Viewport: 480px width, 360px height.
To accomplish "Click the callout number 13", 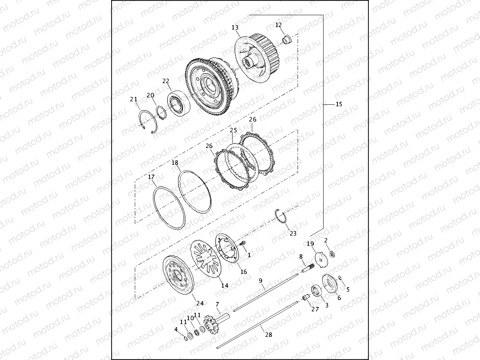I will click(x=235, y=28).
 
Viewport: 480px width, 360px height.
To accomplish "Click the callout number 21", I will click(x=133, y=99).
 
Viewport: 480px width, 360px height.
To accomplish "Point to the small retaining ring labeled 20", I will click(x=161, y=113).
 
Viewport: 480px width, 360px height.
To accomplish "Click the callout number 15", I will click(x=339, y=104).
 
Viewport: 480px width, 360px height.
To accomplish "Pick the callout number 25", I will click(x=234, y=130).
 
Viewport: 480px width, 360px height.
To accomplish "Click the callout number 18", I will click(x=175, y=163).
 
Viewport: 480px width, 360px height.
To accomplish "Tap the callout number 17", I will click(x=151, y=177).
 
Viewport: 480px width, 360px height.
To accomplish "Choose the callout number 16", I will click(x=243, y=272).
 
